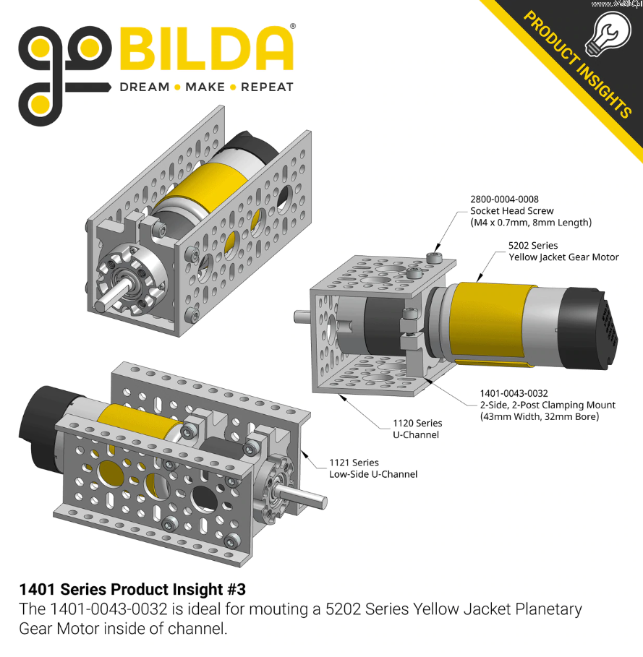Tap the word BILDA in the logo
coord(206,48)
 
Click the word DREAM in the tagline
coord(145,87)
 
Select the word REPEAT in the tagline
coord(267,87)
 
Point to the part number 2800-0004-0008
coord(504,199)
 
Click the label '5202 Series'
coord(533,245)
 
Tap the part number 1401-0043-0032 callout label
coord(514,393)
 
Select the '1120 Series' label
coord(417,424)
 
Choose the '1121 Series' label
coord(354,463)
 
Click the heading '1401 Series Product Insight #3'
coord(132,590)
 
